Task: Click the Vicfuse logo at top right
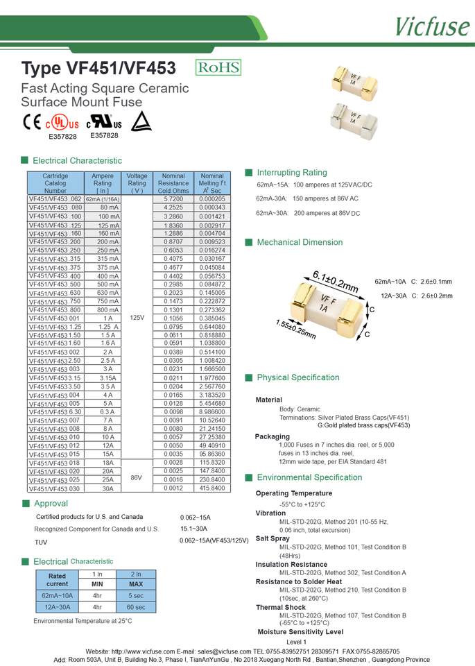click(x=431, y=26)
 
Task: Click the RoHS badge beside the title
click(x=218, y=67)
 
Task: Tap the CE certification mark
click(x=32, y=121)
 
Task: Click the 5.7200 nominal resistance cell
click(x=173, y=199)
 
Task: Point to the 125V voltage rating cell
click(x=137, y=318)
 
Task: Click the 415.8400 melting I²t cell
click(x=211, y=488)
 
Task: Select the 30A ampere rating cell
click(x=107, y=488)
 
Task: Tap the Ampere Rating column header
click(x=103, y=183)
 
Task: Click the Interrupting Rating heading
click(x=291, y=173)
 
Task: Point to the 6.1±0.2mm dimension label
click(x=336, y=281)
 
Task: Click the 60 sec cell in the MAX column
click(x=136, y=607)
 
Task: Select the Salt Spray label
click(x=273, y=538)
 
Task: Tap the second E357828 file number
click(x=105, y=136)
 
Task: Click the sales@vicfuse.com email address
click(x=223, y=651)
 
